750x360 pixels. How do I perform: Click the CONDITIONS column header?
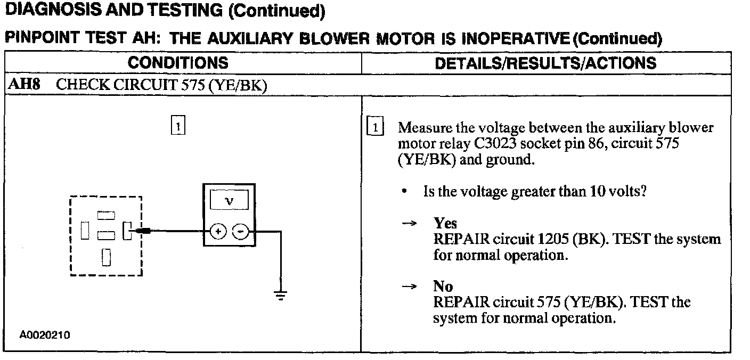pos(178,63)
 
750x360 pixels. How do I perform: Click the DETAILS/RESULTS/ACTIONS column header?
pos(546,63)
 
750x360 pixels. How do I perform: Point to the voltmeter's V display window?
pos(229,201)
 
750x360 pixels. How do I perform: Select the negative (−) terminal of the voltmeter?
pos(241,231)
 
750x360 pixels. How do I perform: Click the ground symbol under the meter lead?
pos(281,294)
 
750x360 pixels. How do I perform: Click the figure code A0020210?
pos(45,335)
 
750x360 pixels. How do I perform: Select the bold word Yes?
pos(445,223)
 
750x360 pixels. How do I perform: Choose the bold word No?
pos(443,287)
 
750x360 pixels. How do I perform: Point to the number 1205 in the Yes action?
pos(552,239)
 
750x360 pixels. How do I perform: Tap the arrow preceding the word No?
pos(409,287)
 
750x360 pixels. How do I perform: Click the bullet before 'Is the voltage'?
pos(406,191)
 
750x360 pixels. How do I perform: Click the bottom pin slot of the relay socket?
pos(106,257)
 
